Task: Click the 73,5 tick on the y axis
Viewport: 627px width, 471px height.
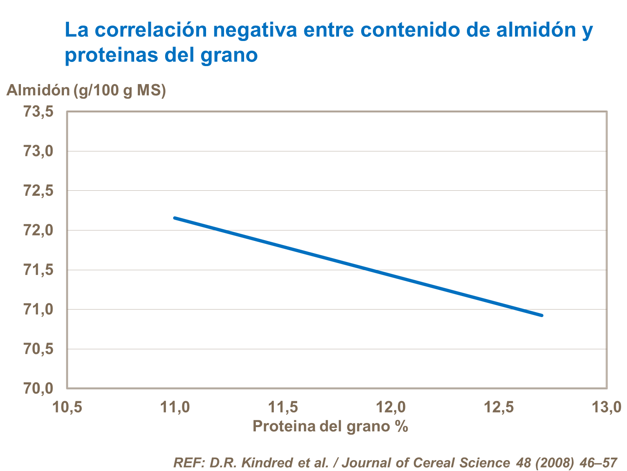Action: [x=38, y=112]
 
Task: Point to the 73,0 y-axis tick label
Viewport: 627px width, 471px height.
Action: [x=38, y=151]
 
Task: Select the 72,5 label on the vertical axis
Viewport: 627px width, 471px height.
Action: [x=38, y=191]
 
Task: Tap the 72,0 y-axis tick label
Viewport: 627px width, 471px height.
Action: [x=38, y=230]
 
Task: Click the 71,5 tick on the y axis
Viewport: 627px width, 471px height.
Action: [x=38, y=270]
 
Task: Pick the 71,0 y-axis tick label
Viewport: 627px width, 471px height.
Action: [x=38, y=310]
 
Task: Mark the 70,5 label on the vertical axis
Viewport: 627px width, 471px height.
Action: [x=38, y=349]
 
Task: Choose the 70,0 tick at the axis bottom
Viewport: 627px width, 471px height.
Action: [x=38, y=388]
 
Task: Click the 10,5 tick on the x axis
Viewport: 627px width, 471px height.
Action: [x=67, y=407]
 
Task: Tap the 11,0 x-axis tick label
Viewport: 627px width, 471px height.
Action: [x=175, y=407]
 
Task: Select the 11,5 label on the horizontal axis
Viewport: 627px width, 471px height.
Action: [x=283, y=407]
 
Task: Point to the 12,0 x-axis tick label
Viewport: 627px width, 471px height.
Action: [x=391, y=407]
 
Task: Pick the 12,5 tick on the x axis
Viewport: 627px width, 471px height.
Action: [x=499, y=407]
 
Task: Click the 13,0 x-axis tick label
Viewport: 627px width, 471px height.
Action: [x=606, y=407]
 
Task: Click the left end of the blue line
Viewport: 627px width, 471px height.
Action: [x=175, y=218]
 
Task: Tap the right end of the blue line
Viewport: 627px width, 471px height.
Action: [x=542, y=315]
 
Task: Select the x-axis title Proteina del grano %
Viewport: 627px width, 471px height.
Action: [x=330, y=426]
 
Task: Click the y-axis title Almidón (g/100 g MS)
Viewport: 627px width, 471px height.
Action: [x=86, y=90]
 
